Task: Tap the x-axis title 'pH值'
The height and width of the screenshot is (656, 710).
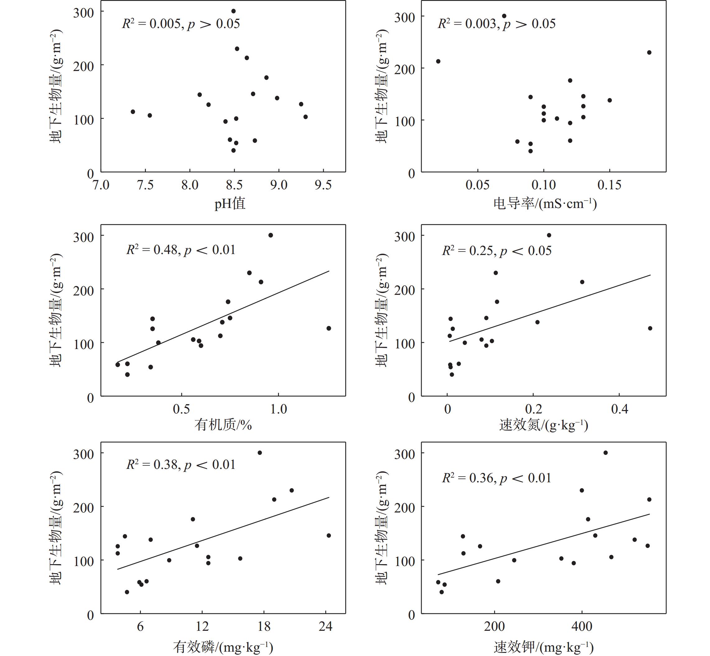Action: click(230, 204)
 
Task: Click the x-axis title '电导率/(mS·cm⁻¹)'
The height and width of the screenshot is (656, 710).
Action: click(545, 204)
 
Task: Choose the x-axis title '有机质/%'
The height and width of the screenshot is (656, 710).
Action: click(223, 425)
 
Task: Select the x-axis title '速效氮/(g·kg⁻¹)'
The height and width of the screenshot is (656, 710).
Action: click(544, 425)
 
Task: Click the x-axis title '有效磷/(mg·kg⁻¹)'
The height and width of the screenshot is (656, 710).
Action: click(223, 647)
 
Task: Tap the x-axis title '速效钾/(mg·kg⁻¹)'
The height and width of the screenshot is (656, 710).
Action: click(544, 647)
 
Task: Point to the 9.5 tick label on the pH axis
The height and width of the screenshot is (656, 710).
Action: click(323, 185)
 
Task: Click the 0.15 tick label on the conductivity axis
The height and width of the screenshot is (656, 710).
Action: click(609, 185)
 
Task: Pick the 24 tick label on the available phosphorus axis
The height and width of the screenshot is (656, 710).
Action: click(325, 626)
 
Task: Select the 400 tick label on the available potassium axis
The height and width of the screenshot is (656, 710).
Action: click(582, 626)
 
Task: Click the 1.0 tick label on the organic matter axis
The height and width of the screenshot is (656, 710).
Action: click(278, 409)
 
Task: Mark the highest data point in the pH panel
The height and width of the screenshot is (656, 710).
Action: click(233, 11)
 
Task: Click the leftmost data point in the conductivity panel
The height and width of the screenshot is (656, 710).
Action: click(438, 61)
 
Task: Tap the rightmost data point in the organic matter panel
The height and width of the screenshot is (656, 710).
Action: click(329, 328)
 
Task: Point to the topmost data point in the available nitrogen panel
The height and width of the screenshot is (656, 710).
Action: click(549, 235)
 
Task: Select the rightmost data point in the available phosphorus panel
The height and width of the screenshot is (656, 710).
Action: click(329, 536)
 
